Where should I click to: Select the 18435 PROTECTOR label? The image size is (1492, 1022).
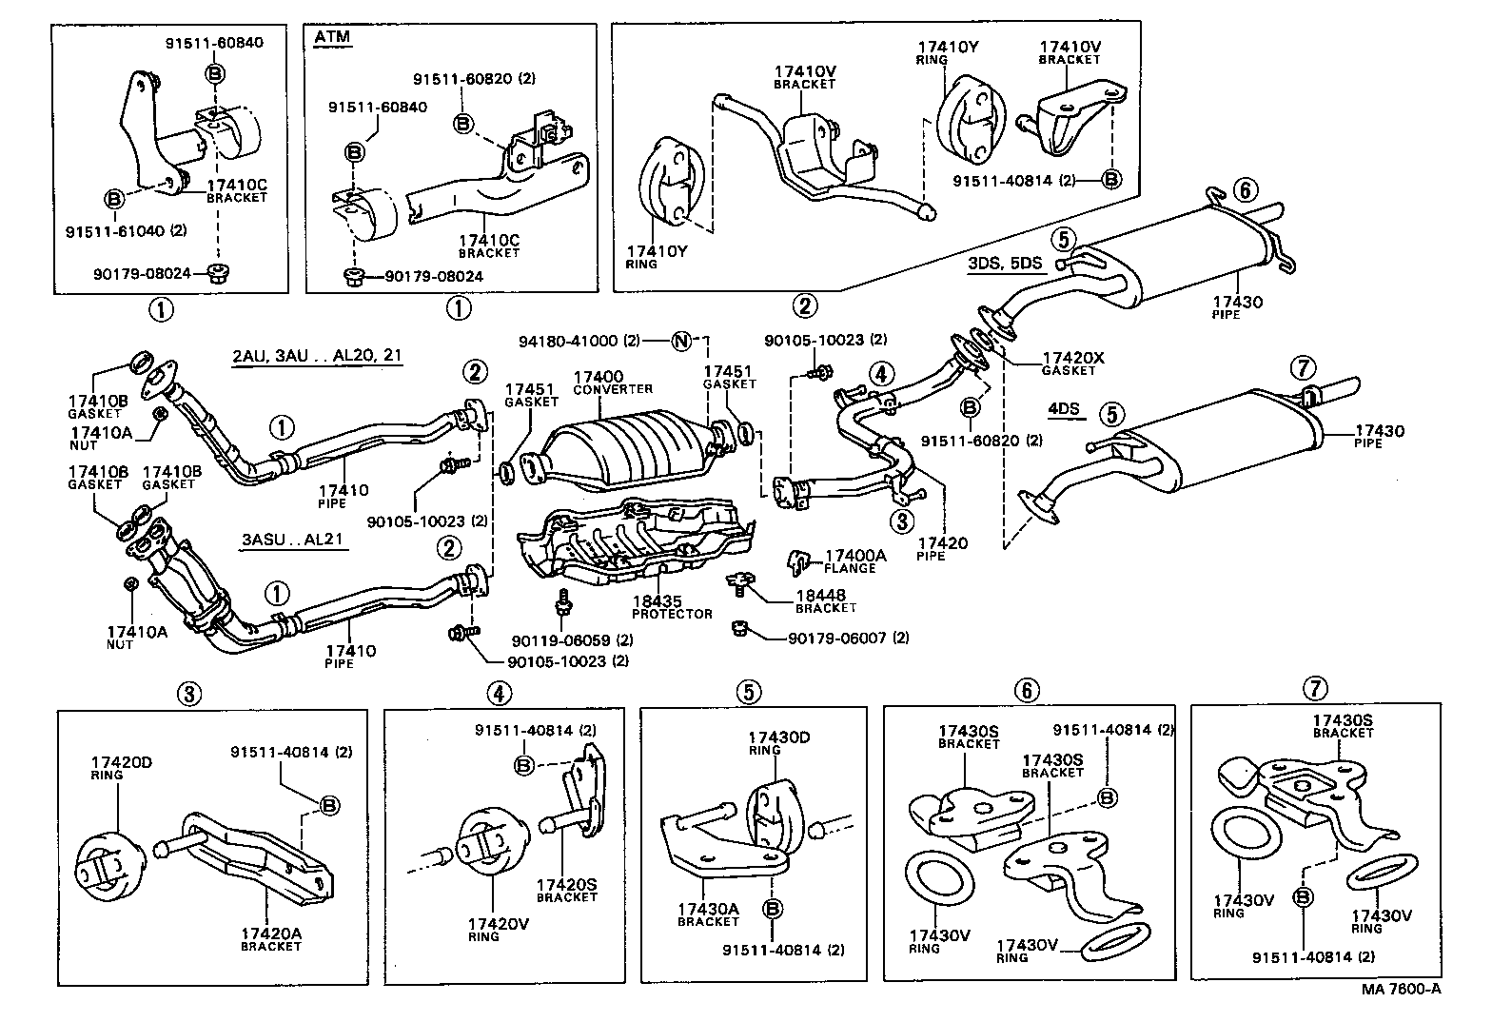coord(672,607)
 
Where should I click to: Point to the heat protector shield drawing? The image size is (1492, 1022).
coord(633,542)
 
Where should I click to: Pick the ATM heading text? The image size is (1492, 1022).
coord(331,37)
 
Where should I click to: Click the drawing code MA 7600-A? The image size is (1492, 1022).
coord(1401,988)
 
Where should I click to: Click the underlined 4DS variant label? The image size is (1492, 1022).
coord(1064,409)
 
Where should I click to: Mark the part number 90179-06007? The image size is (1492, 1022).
coord(835,638)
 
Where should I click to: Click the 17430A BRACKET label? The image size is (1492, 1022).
coord(708,914)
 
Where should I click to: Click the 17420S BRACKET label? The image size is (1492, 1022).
coord(567,890)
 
